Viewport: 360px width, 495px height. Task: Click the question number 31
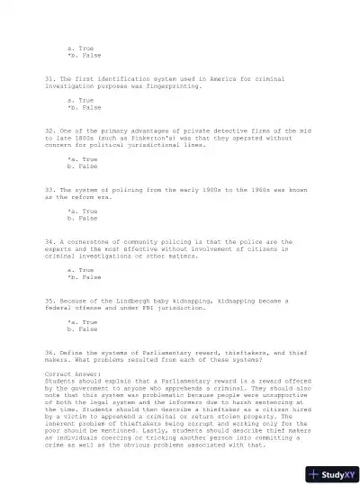click(49, 78)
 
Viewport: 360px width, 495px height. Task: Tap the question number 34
click(49, 241)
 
